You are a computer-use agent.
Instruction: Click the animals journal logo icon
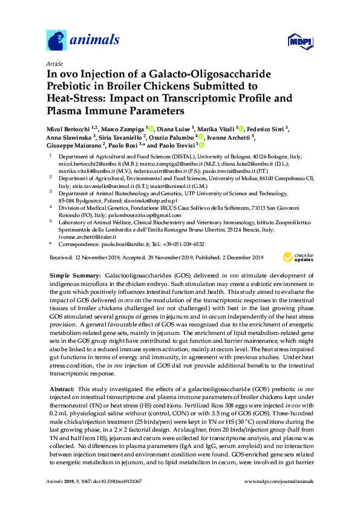point(57,40)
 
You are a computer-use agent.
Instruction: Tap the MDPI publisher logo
point(293,41)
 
